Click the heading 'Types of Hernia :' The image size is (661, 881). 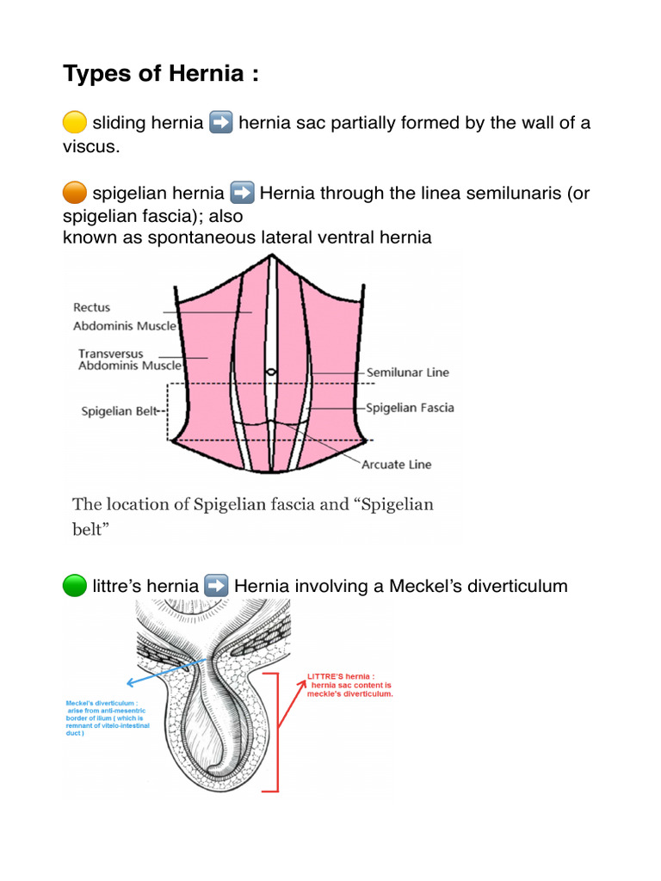[x=161, y=75]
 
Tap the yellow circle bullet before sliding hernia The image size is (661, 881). [x=75, y=123]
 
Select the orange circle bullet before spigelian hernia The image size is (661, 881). [x=75, y=193]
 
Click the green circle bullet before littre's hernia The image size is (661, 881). [x=75, y=587]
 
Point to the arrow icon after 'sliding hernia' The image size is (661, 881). [x=220, y=123]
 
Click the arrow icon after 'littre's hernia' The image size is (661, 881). [x=217, y=587]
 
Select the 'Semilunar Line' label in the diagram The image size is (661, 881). [x=408, y=373]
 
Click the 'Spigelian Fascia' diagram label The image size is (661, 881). [x=411, y=407]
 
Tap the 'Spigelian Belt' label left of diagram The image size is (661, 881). [x=120, y=411]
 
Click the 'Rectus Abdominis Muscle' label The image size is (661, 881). [x=125, y=317]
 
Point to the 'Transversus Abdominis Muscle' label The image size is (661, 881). [x=130, y=360]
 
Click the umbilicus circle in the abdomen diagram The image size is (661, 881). [x=271, y=372]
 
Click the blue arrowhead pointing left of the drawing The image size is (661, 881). [x=129, y=684]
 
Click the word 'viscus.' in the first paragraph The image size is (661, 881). [x=90, y=146]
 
